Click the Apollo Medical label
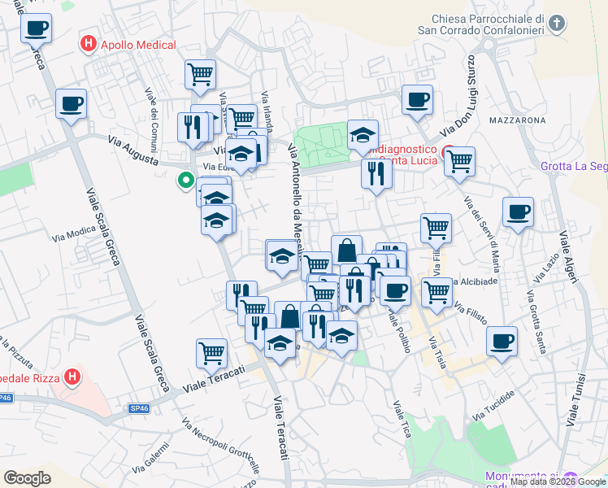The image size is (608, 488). (133, 46)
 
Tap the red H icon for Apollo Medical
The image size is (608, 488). (88, 45)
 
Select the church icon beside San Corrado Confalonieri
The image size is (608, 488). (557, 22)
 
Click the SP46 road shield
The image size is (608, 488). (7, 398)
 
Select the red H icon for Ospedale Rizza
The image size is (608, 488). (72, 377)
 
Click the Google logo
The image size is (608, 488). (28, 477)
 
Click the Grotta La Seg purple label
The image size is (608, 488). (574, 167)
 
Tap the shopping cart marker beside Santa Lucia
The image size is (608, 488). (460, 161)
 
